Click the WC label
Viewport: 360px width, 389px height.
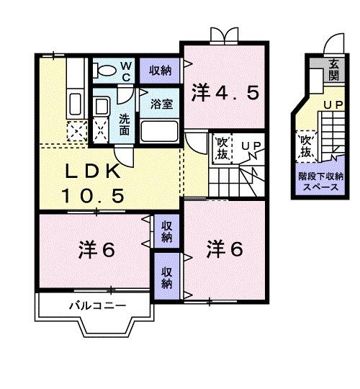pyautogui.click(x=125, y=71)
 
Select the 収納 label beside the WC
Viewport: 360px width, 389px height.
pyautogui.click(x=160, y=70)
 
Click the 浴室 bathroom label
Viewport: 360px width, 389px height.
pyautogui.click(x=161, y=104)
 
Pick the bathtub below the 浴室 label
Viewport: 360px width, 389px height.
pyautogui.click(x=159, y=131)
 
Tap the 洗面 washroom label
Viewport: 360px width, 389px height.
pyautogui.click(x=124, y=124)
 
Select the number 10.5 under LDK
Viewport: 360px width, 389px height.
pyautogui.click(x=94, y=194)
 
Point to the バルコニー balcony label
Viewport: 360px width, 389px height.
pyautogui.click(x=97, y=306)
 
